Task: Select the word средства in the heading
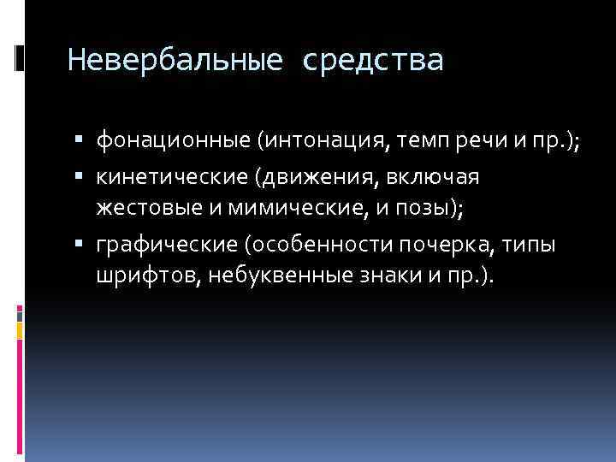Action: pos(373,62)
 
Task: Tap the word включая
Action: pos(431,176)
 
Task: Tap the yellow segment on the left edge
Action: pos(20,329)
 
